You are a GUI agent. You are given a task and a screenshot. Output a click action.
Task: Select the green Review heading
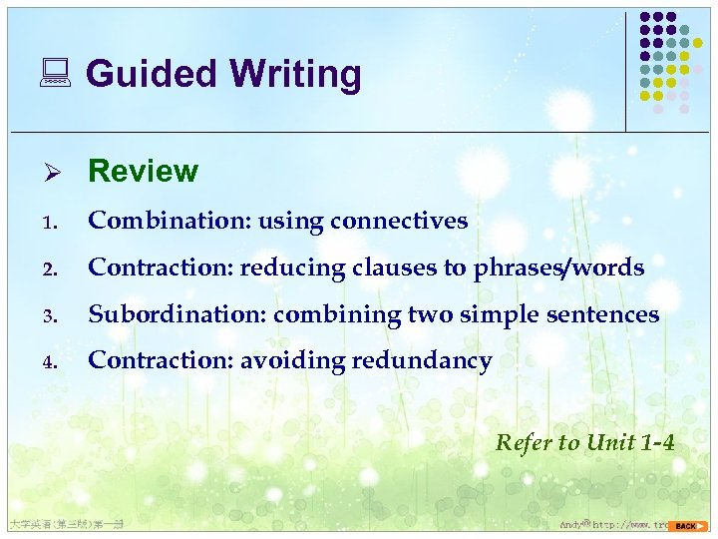click(x=143, y=171)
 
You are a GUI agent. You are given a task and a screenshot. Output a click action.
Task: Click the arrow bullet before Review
click(x=60, y=172)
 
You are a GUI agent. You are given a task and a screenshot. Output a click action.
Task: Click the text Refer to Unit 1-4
click(x=584, y=442)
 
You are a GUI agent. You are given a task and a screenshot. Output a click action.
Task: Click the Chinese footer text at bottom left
click(x=64, y=524)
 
